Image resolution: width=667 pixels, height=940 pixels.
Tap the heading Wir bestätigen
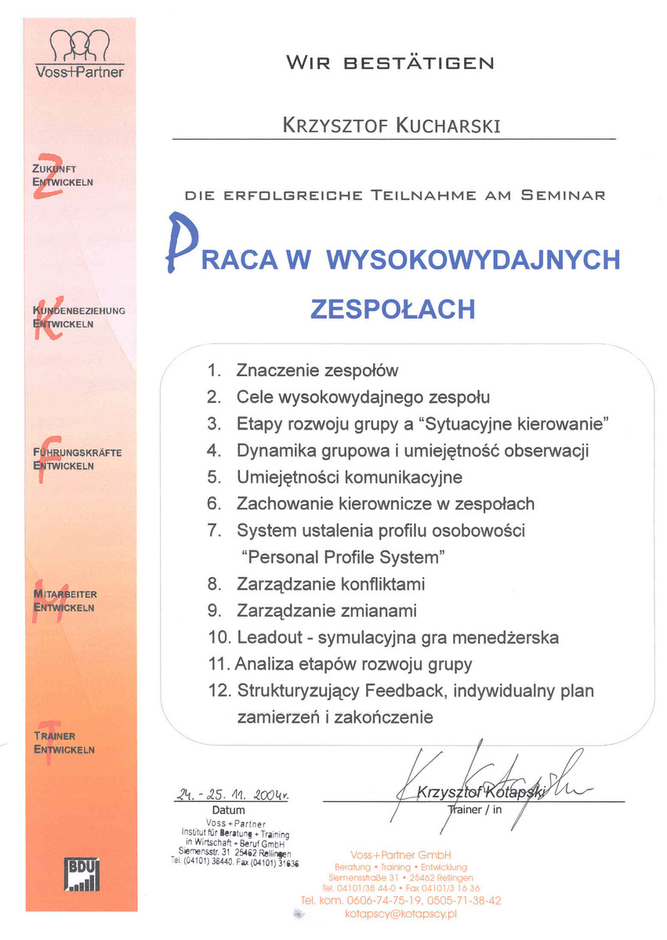point(390,63)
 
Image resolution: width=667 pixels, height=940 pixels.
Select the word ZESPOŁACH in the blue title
point(393,308)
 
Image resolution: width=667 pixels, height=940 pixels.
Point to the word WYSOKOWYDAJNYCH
point(472,260)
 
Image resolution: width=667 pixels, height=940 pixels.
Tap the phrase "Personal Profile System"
point(343,557)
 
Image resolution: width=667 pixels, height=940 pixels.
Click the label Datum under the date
point(228,810)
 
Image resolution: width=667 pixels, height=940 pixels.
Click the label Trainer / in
point(474,809)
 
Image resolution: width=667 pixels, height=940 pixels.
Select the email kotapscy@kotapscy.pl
point(401,914)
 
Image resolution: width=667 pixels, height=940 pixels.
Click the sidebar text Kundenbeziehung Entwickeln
point(78,316)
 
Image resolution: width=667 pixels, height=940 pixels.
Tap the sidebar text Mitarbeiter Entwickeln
point(65,601)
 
